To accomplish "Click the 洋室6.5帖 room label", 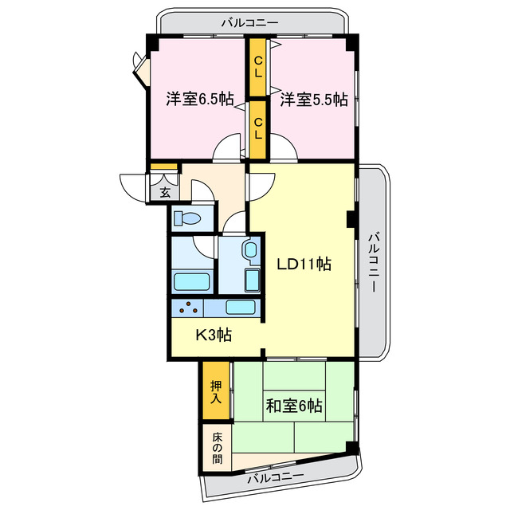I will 199,100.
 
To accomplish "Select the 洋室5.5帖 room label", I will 313,100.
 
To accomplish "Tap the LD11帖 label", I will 304,263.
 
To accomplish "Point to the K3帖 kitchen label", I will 214,335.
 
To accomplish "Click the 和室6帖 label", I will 294,406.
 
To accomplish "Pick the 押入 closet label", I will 215,392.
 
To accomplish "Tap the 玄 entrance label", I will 164,192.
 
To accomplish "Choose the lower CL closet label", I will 258,127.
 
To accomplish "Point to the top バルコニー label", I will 249,22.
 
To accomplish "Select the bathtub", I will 191,282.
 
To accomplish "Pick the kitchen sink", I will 240,308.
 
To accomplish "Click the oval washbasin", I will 251,252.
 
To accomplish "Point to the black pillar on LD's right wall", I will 351,218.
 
